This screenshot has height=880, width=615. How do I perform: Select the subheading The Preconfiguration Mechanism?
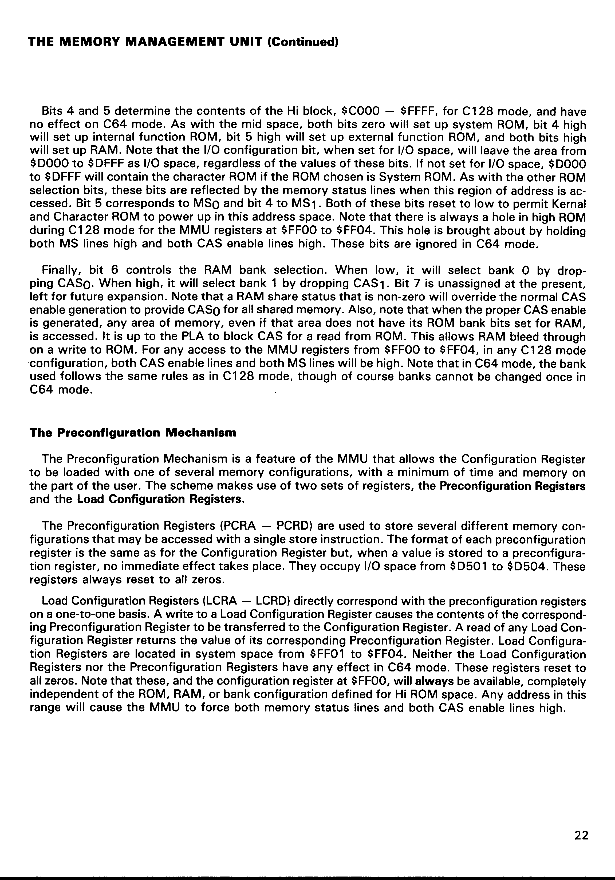tap(133, 433)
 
